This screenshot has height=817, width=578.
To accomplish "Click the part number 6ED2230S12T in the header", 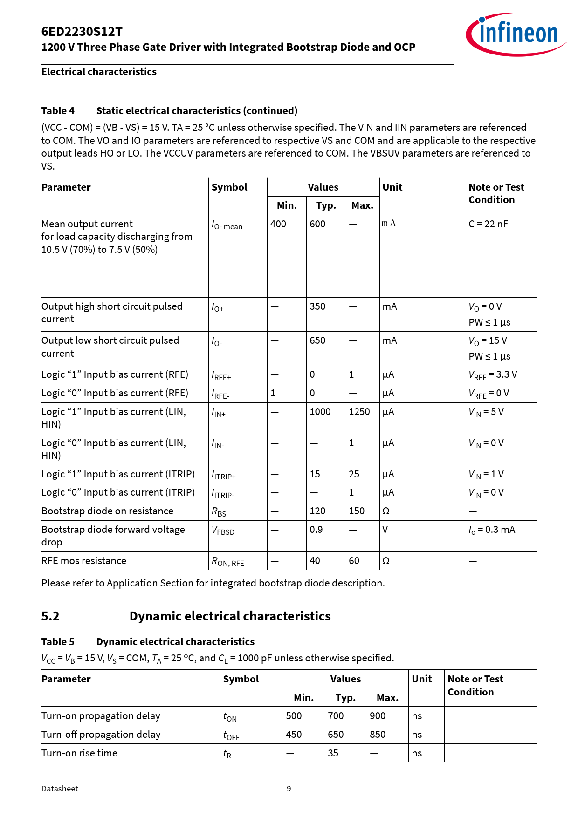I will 82,32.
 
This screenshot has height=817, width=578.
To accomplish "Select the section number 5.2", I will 50,616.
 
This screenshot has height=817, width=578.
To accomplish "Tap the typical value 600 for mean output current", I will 317,224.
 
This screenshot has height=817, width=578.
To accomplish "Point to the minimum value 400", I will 278,224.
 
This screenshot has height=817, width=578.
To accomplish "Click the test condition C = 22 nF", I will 488,224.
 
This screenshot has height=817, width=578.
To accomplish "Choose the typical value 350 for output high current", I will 317,306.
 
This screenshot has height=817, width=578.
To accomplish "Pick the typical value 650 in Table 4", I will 317,340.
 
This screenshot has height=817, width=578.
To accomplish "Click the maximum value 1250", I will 359,412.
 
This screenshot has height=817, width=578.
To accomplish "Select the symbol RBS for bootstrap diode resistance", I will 219,512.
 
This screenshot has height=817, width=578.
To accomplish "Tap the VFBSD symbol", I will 223,531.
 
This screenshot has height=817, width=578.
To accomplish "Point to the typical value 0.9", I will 316,530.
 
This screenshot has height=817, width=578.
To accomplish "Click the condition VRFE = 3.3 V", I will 493,375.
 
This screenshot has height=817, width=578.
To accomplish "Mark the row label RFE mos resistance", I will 84,561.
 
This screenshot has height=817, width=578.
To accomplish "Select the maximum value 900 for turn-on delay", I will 378,716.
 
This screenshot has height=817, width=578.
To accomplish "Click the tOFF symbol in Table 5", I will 231,735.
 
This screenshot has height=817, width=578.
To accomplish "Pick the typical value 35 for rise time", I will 333,753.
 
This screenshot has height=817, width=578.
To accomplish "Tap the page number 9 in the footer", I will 289,789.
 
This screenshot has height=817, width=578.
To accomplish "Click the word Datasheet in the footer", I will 60,789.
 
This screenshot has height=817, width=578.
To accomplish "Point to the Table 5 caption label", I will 58,642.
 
